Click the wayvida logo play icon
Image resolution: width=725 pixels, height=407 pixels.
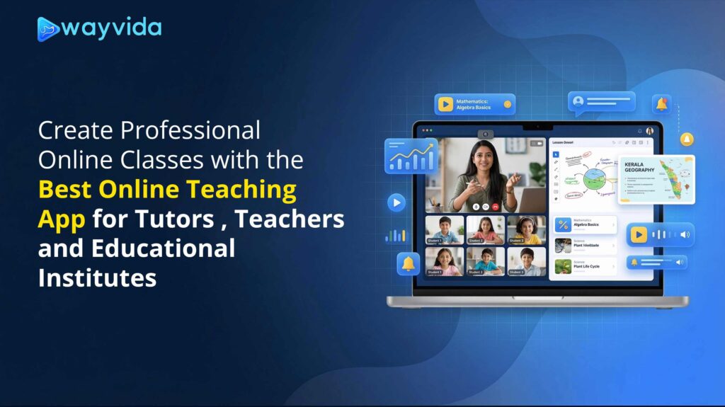49,29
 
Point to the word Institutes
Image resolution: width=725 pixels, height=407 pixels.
97,277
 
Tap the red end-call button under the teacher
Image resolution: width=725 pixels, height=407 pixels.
496,206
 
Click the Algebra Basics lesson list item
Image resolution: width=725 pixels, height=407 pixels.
585,224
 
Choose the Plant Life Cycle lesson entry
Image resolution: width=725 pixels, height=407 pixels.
585,266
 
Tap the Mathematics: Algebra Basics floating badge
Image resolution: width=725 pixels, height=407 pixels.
474,104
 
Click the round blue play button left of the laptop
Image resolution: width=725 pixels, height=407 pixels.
396,202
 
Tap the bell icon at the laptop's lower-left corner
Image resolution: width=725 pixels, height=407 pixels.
409,263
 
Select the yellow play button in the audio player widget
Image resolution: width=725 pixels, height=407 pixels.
639,234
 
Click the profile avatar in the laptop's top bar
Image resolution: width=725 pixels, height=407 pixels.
650,131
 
